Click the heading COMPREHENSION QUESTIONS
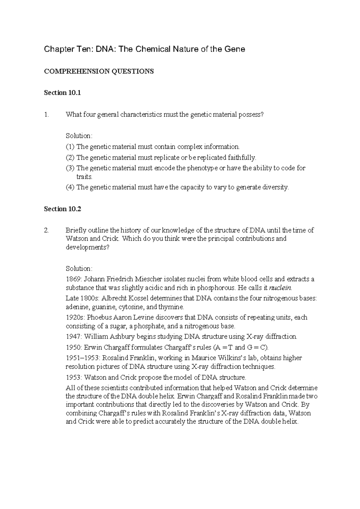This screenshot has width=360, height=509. click(x=99, y=71)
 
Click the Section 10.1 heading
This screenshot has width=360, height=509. click(x=62, y=93)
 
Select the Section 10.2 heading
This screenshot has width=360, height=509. click(x=62, y=209)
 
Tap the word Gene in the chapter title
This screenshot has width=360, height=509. click(x=236, y=49)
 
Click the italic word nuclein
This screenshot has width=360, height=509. click(x=280, y=288)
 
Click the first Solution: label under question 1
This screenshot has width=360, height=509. click(x=79, y=136)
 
